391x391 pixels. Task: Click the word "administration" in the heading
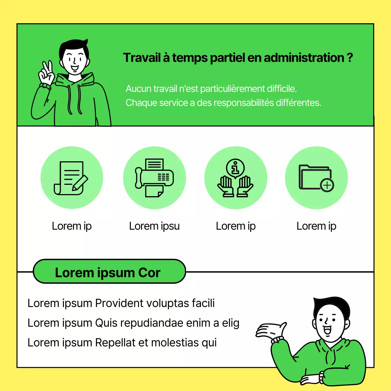(304, 58)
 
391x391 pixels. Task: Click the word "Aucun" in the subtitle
(138, 89)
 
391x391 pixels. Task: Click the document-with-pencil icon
(71, 178)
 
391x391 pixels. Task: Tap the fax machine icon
(154, 178)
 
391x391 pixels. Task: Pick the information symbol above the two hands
(236, 168)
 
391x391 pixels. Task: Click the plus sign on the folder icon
(327, 185)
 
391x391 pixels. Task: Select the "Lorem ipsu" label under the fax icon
(154, 226)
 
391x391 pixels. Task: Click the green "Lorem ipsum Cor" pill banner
(109, 271)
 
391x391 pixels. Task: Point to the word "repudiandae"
(152, 323)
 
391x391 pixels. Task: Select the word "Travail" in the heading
(142, 58)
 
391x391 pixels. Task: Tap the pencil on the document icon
(80, 183)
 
